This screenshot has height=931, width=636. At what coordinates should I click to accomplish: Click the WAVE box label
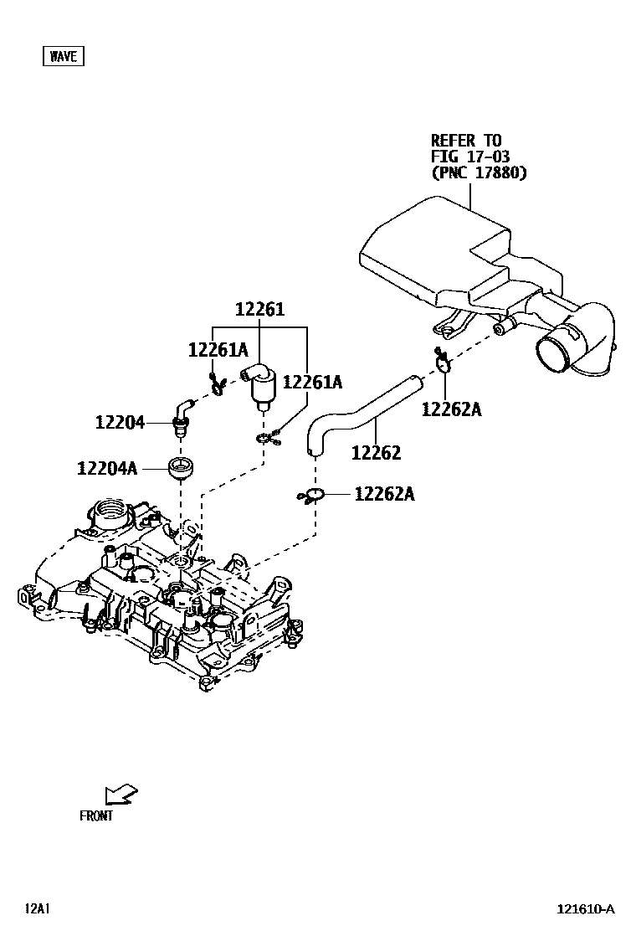pyautogui.click(x=63, y=56)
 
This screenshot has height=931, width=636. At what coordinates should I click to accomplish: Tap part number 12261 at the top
pyautogui.click(x=259, y=310)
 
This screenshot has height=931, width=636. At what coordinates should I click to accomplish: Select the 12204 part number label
pyautogui.click(x=120, y=424)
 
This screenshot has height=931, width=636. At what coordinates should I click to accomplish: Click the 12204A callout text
pyautogui.click(x=107, y=468)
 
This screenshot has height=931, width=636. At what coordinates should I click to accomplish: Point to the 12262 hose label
pyautogui.click(x=376, y=453)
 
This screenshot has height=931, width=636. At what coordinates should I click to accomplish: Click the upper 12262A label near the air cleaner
pyautogui.click(x=452, y=409)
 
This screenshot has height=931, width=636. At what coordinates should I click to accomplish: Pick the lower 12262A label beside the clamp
pyautogui.click(x=384, y=494)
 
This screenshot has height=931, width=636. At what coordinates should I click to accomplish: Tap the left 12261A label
pyautogui.click(x=218, y=350)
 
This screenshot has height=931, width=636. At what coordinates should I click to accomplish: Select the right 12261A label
pyautogui.click(x=312, y=382)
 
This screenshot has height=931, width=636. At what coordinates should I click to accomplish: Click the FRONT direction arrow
pyautogui.click(x=121, y=794)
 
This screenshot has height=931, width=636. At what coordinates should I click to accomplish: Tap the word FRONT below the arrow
pyautogui.click(x=96, y=815)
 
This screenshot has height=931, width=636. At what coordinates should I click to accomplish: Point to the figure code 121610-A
pyautogui.click(x=587, y=909)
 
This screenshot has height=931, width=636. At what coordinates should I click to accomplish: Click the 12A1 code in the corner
pyautogui.click(x=38, y=908)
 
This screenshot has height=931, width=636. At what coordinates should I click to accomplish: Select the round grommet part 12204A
pyautogui.click(x=181, y=466)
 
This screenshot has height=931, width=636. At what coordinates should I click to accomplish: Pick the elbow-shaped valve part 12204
pyautogui.click(x=180, y=416)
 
